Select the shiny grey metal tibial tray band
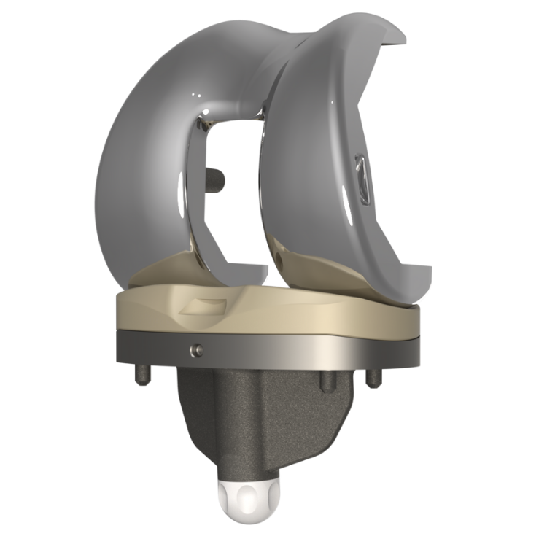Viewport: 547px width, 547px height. [x=277, y=350]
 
